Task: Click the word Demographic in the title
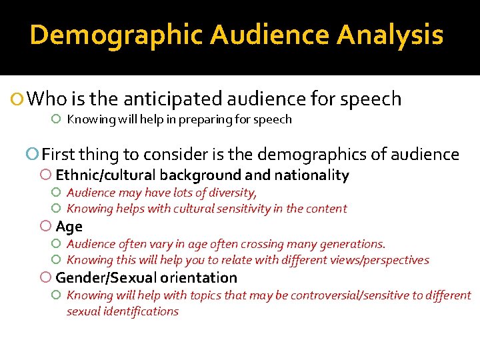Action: (115, 35)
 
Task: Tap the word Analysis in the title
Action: (390, 35)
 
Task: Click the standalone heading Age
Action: (69, 227)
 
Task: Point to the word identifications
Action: (141, 311)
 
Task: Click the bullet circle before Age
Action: (45, 227)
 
